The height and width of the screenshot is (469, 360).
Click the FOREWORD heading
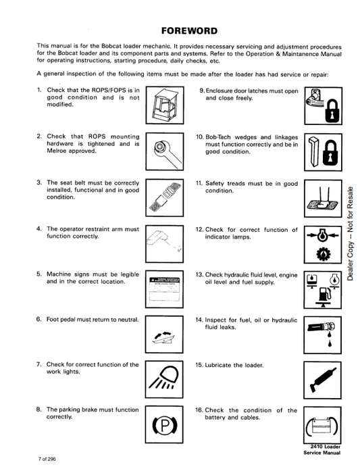pyautogui.click(x=189, y=31)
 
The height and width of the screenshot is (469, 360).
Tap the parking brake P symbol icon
pyautogui.click(x=164, y=425)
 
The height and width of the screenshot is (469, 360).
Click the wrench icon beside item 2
pyautogui.click(x=166, y=152)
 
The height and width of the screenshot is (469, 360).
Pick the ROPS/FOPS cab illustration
pyautogui.click(x=165, y=105)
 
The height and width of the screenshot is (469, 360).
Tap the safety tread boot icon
pyautogui.click(x=323, y=201)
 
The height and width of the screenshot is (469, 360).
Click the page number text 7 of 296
pyautogui.click(x=47, y=459)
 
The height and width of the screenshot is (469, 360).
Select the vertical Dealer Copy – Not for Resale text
pyautogui.click(x=350, y=233)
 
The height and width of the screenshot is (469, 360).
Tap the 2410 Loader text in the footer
pyautogui.click(x=326, y=447)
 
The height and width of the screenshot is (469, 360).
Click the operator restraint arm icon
pyautogui.click(x=164, y=241)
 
